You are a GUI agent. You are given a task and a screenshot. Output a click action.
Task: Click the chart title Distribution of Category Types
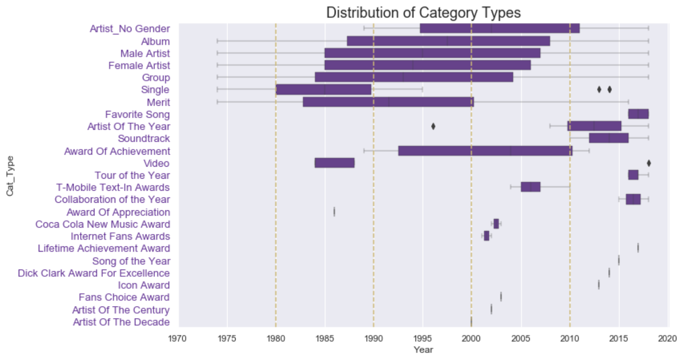pyautogui.click(x=423, y=12)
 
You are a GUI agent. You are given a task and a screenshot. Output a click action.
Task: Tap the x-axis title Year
pyautogui.click(x=423, y=350)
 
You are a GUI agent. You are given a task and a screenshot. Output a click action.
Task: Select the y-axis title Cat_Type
pyautogui.click(x=10, y=176)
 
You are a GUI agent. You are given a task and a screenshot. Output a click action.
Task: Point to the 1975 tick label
pyautogui.click(x=227, y=338)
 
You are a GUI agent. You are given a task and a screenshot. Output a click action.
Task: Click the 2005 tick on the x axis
pyautogui.click(x=520, y=338)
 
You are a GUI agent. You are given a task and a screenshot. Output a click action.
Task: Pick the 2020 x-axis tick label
pyautogui.click(x=667, y=338)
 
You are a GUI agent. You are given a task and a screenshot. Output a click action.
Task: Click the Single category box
pyautogui.click(x=323, y=90)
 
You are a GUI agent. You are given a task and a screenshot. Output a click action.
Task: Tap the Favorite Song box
pyautogui.click(x=638, y=114)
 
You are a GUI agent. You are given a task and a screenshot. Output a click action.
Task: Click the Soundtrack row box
pyautogui.click(x=608, y=138)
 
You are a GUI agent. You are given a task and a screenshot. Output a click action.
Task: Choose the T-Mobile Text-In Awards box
pyautogui.click(x=530, y=187)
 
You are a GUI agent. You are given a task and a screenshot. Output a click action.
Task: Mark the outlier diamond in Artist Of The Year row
pyautogui.click(x=433, y=127)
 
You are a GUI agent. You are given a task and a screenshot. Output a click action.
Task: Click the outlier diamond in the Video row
pyautogui.click(x=649, y=163)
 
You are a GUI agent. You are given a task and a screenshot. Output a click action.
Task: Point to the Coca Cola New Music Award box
pyautogui.click(x=496, y=224)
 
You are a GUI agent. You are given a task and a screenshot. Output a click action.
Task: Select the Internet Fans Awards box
pyautogui.click(x=486, y=236)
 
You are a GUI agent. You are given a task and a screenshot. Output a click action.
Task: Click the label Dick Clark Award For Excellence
pyautogui.click(x=94, y=273)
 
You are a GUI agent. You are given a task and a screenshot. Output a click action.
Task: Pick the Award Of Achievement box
pyautogui.click(x=485, y=151)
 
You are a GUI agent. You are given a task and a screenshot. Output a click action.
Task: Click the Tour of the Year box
pyautogui.click(x=633, y=175)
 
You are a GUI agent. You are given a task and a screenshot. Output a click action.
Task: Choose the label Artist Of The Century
pyautogui.click(x=121, y=310)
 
